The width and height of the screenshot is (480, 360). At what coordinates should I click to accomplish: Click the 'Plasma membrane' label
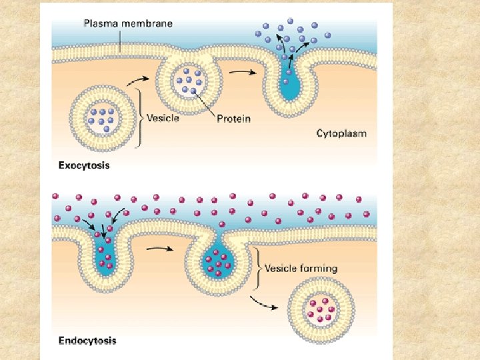coord(128,24)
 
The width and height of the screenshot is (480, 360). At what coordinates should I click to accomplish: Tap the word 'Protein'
coord(234,119)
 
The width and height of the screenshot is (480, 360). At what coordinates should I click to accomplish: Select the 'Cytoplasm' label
coord(341,133)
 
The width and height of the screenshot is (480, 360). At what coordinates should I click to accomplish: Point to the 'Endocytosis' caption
coord(87,341)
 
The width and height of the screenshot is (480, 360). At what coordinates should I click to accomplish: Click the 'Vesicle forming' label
coord(301,269)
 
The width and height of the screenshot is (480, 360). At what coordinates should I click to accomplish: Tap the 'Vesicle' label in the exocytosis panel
coord(162,119)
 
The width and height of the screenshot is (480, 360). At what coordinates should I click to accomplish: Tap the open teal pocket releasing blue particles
coord(290,83)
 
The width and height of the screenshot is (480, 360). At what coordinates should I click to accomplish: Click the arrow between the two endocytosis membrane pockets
coord(160,249)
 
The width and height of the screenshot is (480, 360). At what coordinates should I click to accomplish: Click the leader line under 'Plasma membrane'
coord(119,41)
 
